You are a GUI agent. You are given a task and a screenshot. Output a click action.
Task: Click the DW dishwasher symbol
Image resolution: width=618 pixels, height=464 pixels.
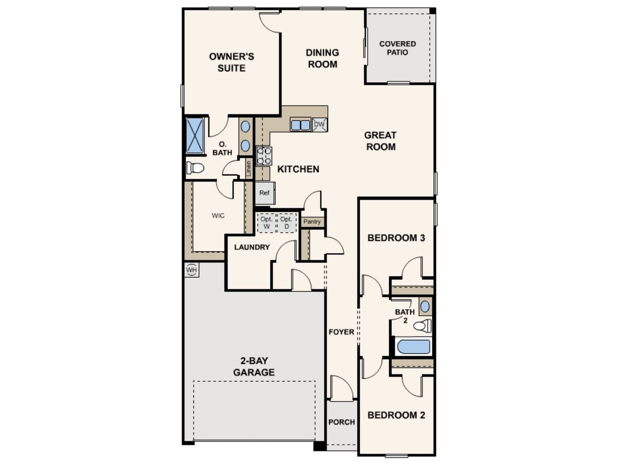320,125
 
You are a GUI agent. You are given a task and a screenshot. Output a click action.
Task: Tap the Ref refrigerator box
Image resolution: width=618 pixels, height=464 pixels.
265,193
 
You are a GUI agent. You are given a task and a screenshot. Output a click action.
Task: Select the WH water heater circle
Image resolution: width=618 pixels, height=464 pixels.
192,270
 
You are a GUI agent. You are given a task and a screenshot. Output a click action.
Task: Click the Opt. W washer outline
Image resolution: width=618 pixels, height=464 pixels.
267,222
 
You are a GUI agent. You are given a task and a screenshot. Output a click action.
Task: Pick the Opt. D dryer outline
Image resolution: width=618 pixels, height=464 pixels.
287,222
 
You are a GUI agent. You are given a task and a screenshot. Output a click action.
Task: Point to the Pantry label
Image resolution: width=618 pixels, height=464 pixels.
312,221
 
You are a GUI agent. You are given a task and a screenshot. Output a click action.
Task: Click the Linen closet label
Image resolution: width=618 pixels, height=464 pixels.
249,169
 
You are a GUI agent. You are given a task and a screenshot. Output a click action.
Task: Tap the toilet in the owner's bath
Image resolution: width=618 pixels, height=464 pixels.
195,168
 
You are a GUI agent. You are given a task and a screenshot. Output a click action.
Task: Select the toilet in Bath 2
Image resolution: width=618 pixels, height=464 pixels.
422,326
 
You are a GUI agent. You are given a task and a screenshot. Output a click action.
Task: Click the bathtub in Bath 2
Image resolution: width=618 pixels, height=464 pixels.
414,347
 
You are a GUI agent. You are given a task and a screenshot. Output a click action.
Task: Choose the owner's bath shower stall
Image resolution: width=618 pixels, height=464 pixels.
195,136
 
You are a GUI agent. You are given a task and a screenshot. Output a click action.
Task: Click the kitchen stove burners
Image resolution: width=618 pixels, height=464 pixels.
264,156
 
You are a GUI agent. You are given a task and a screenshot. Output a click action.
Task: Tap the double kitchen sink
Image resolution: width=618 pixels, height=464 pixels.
300,125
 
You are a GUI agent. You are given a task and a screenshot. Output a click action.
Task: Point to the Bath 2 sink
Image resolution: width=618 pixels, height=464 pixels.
425,306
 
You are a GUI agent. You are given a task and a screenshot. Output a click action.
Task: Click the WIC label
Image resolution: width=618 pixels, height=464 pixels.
218,216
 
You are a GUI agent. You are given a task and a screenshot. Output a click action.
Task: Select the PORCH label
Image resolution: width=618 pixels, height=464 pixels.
341,422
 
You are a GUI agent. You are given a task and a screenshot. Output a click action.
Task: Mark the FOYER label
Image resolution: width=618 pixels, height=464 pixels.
341,332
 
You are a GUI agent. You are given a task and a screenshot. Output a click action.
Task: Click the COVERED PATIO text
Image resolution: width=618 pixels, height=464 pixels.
397,48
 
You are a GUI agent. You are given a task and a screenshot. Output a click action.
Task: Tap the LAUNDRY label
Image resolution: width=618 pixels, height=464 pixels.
252,247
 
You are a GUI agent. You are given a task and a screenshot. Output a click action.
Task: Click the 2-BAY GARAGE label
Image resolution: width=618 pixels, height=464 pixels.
254,366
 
